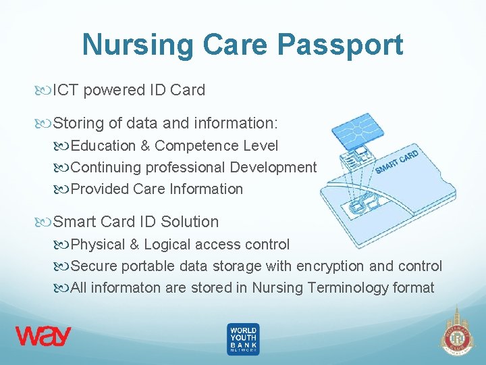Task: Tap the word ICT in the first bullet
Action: click(x=67, y=91)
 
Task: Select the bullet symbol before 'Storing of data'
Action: click(x=45, y=124)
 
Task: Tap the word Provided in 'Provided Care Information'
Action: click(x=100, y=189)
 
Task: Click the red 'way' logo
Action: click(x=43, y=336)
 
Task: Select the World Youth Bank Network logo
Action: click(x=242, y=339)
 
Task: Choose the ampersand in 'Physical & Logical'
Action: click(x=135, y=244)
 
